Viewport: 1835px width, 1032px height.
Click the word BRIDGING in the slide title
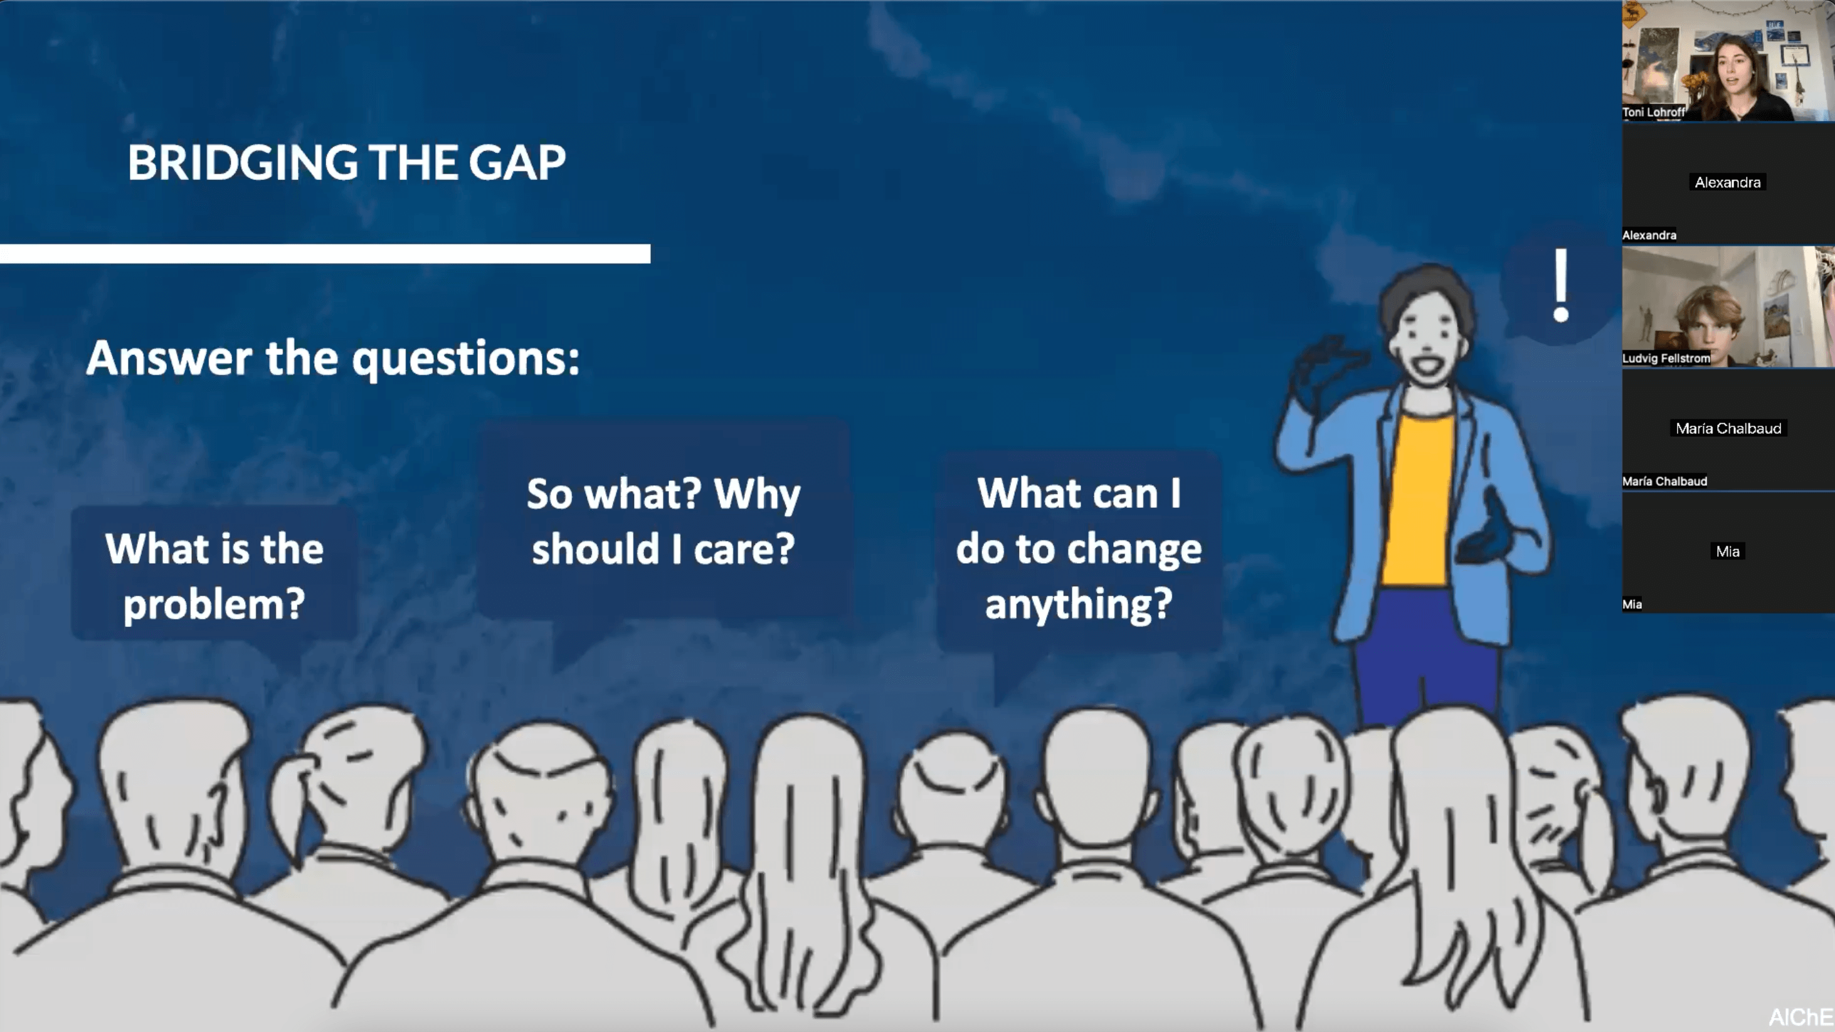pyautogui.click(x=243, y=162)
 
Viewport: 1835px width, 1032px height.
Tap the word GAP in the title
pyautogui.click(x=517, y=162)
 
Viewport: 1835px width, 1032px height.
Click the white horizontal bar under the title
pyautogui.click(x=325, y=253)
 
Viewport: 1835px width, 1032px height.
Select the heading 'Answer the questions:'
pyautogui.click(x=332, y=358)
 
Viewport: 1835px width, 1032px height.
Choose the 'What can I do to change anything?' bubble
pyautogui.click(x=1079, y=549)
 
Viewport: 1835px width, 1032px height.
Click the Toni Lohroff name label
pyautogui.click(x=1653, y=112)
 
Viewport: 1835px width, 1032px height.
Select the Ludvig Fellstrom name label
pyautogui.click(x=1666, y=358)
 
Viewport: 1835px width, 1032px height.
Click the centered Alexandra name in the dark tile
pyautogui.click(x=1727, y=182)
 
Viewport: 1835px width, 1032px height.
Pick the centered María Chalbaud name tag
pyautogui.click(x=1728, y=428)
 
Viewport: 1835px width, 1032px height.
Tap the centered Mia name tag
pyautogui.click(x=1727, y=551)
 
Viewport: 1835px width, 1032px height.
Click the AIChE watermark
pyautogui.click(x=1801, y=1017)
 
